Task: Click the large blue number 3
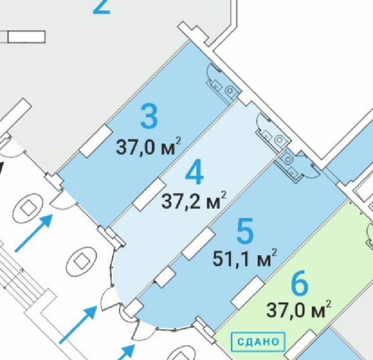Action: [149, 117]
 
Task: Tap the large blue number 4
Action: [194, 172]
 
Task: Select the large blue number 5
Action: [245, 231]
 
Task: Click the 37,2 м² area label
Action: [194, 201]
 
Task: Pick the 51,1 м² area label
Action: [245, 258]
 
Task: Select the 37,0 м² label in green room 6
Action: [298, 309]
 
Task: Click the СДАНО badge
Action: [258, 342]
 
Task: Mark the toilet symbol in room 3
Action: [230, 90]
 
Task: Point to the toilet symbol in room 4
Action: [279, 140]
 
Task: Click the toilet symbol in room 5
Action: [288, 159]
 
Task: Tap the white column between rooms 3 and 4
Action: [149, 195]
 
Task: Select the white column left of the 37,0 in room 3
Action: [96, 141]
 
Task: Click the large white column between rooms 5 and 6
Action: [247, 292]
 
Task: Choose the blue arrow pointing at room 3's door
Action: [33, 233]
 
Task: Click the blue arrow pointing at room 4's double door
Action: [78, 325]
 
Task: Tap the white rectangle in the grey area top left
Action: [26, 37]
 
